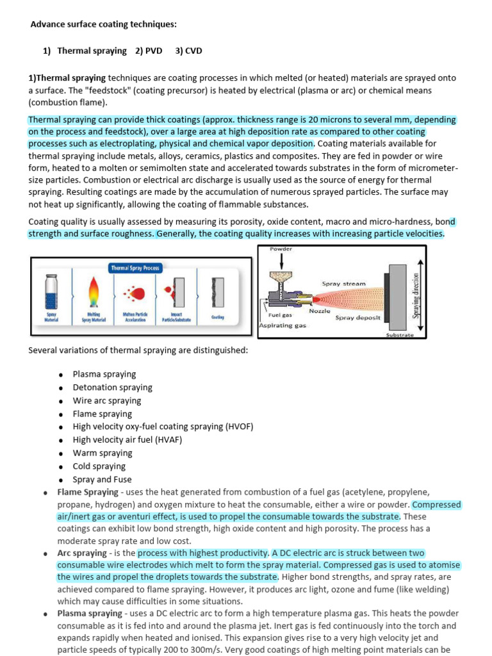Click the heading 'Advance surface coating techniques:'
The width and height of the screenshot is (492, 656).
(104, 24)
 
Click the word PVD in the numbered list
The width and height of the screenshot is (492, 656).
(154, 51)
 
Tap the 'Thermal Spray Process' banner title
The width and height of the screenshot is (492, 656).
(136, 268)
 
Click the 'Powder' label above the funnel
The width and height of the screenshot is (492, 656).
(280, 248)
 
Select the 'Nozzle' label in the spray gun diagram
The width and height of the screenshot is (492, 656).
(320, 311)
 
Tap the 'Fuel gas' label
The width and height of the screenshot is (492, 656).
(281, 315)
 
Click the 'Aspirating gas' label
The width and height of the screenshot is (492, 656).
(283, 325)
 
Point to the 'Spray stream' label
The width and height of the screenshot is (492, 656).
(343, 283)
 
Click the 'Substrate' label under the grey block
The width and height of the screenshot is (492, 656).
(400, 335)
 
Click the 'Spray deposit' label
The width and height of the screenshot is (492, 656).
(358, 318)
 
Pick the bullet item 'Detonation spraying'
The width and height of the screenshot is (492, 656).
(112, 387)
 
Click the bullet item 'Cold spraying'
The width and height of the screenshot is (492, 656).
(99, 466)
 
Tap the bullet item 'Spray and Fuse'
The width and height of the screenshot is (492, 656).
(102, 479)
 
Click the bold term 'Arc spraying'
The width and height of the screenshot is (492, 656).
(82, 553)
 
